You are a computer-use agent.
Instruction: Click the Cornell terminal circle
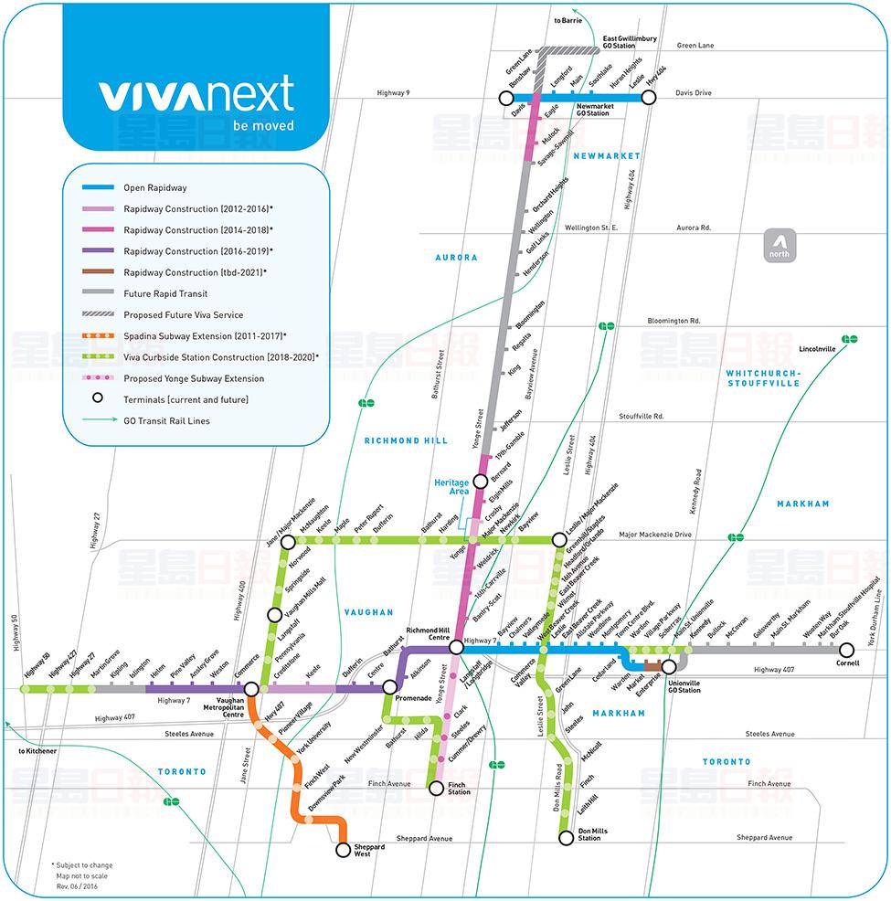[x=846, y=650]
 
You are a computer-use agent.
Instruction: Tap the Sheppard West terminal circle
[x=344, y=850]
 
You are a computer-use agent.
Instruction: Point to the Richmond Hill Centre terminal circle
[x=456, y=647]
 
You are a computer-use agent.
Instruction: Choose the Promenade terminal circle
[x=390, y=686]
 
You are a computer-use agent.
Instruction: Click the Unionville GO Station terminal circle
[x=669, y=667]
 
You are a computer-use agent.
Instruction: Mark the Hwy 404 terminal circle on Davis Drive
[x=650, y=97]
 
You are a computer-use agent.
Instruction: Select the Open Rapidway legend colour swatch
[x=98, y=188]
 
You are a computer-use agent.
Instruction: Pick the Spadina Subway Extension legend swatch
[x=98, y=336]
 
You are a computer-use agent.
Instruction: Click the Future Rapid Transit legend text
[x=165, y=293]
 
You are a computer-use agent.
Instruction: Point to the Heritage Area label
[x=451, y=487]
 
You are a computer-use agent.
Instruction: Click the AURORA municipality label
[x=455, y=258]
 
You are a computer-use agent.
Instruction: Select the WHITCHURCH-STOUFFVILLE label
[x=763, y=378]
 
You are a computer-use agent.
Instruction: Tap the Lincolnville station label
[x=817, y=349]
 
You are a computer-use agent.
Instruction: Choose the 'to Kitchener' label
[x=37, y=751]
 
